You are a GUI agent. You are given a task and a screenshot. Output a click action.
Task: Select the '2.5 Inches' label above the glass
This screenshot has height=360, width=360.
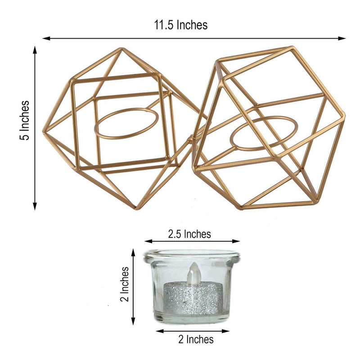(189, 234)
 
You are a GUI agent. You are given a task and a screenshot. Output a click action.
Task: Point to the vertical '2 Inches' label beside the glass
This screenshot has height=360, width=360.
(125, 285)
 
